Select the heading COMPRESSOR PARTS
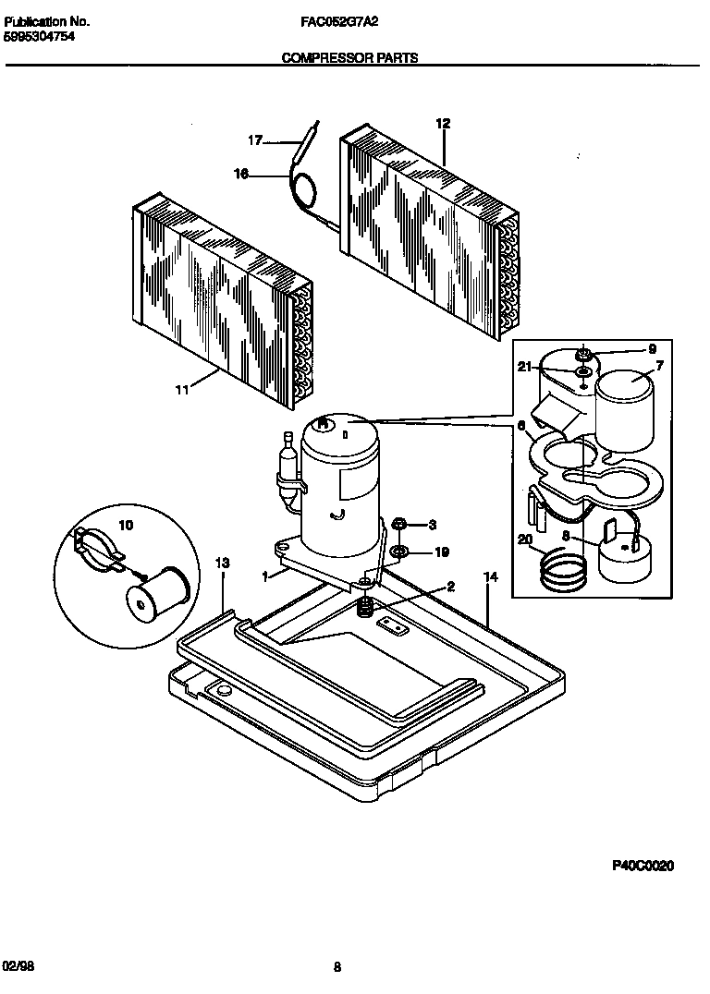(x=349, y=57)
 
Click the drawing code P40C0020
(x=643, y=866)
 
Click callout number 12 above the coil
(x=443, y=124)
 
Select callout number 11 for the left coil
(x=182, y=390)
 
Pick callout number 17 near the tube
(x=255, y=140)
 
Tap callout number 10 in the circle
(x=126, y=525)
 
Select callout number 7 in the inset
(x=659, y=367)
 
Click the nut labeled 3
(x=400, y=525)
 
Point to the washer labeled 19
(x=400, y=552)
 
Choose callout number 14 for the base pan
(x=490, y=576)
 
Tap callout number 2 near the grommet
(x=450, y=586)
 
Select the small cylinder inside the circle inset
(x=156, y=591)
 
